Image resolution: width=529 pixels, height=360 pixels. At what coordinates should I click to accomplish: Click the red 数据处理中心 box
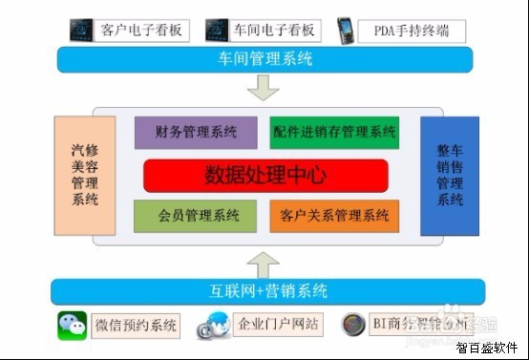pos(265,176)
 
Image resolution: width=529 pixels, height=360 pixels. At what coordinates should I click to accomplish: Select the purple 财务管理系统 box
pos(196,132)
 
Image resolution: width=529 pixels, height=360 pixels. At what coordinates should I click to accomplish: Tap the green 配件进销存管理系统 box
pos(333,132)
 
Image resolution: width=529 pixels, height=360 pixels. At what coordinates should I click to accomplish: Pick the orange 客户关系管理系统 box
pos(335,216)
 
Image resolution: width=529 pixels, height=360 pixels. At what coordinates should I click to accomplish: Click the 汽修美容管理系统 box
pos(84,176)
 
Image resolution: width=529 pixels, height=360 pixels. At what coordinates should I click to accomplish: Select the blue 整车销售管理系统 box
pos(449,176)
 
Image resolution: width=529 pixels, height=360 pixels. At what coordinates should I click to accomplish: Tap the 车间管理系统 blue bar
pos(264,60)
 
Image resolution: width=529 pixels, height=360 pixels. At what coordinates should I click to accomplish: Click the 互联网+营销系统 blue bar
pos(264,291)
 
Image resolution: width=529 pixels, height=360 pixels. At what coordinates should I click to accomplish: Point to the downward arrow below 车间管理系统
pos(264,88)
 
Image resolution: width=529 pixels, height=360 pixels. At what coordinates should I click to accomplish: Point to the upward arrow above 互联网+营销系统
pos(264,260)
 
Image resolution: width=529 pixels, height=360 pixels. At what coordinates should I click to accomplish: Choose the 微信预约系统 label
pos(136,326)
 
